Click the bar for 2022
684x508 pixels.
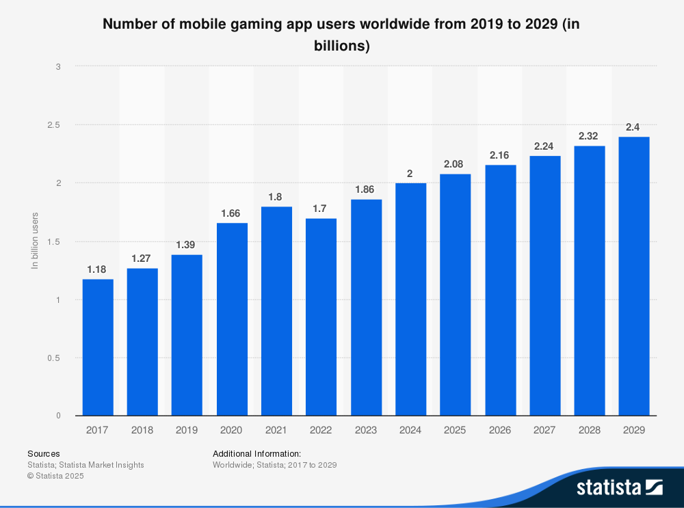tap(321, 317)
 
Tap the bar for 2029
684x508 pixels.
tap(633, 276)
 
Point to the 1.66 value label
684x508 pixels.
tap(232, 213)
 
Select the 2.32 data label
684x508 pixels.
tap(589, 136)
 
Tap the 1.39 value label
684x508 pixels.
tap(187, 245)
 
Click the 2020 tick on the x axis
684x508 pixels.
tap(232, 430)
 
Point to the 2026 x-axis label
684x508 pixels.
tap(499, 430)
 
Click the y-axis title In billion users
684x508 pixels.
tap(35, 241)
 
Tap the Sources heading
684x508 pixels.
tap(43, 453)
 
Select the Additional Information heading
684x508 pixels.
tap(256, 453)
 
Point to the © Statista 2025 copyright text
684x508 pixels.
tap(55, 477)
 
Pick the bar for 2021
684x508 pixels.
tap(276, 311)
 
